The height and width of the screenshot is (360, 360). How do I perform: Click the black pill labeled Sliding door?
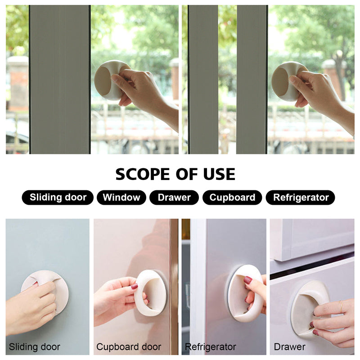click(x=58, y=198)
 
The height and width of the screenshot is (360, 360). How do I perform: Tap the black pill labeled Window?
click(x=121, y=198)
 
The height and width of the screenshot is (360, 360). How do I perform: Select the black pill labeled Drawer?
click(x=174, y=198)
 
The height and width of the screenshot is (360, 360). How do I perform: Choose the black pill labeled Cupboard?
click(x=232, y=198)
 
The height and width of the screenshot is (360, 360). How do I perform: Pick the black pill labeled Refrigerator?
click(x=300, y=198)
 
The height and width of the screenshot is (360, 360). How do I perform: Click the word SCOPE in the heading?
click(x=143, y=174)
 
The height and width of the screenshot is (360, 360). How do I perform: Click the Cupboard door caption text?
click(x=129, y=346)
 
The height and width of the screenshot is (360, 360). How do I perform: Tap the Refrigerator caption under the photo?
click(x=211, y=346)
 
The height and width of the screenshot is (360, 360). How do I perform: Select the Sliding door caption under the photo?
click(x=35, y=346)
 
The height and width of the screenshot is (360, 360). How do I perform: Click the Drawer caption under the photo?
click(x=289, y=346)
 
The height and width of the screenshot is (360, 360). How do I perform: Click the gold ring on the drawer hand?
click(x=342, y=306)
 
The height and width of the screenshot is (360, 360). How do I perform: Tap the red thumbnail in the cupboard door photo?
click(x=134, y=286)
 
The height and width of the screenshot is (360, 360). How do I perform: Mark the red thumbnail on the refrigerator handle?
click(x=248, y=280)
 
